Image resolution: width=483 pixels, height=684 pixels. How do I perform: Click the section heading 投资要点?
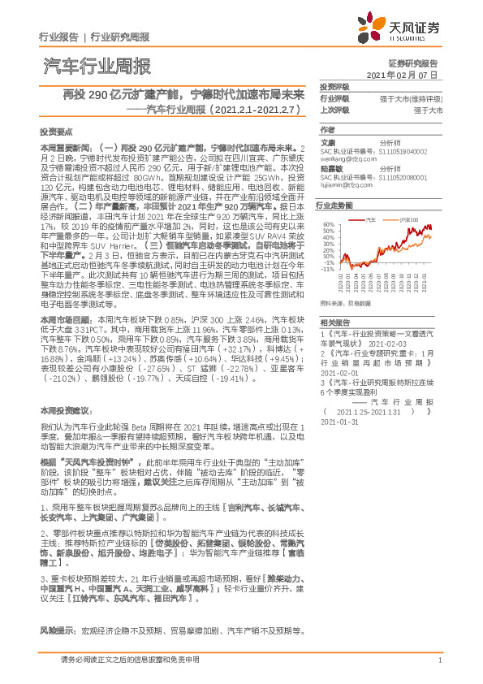coord(55,130)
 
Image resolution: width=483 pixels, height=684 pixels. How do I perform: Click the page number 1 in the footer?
coord(438,660)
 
